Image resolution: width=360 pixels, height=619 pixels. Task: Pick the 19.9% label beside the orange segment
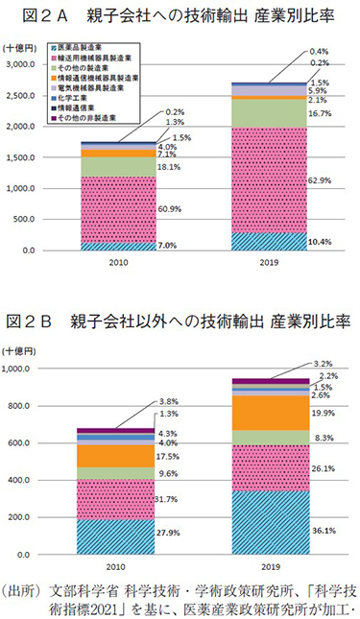(322, 414)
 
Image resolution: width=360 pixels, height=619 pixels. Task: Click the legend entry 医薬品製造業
(80, 50)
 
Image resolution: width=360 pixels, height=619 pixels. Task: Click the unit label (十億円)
(21, 47)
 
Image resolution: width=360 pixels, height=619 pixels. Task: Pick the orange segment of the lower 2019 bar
(272, 414)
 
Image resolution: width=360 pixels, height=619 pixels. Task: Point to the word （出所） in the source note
(24, 587)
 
